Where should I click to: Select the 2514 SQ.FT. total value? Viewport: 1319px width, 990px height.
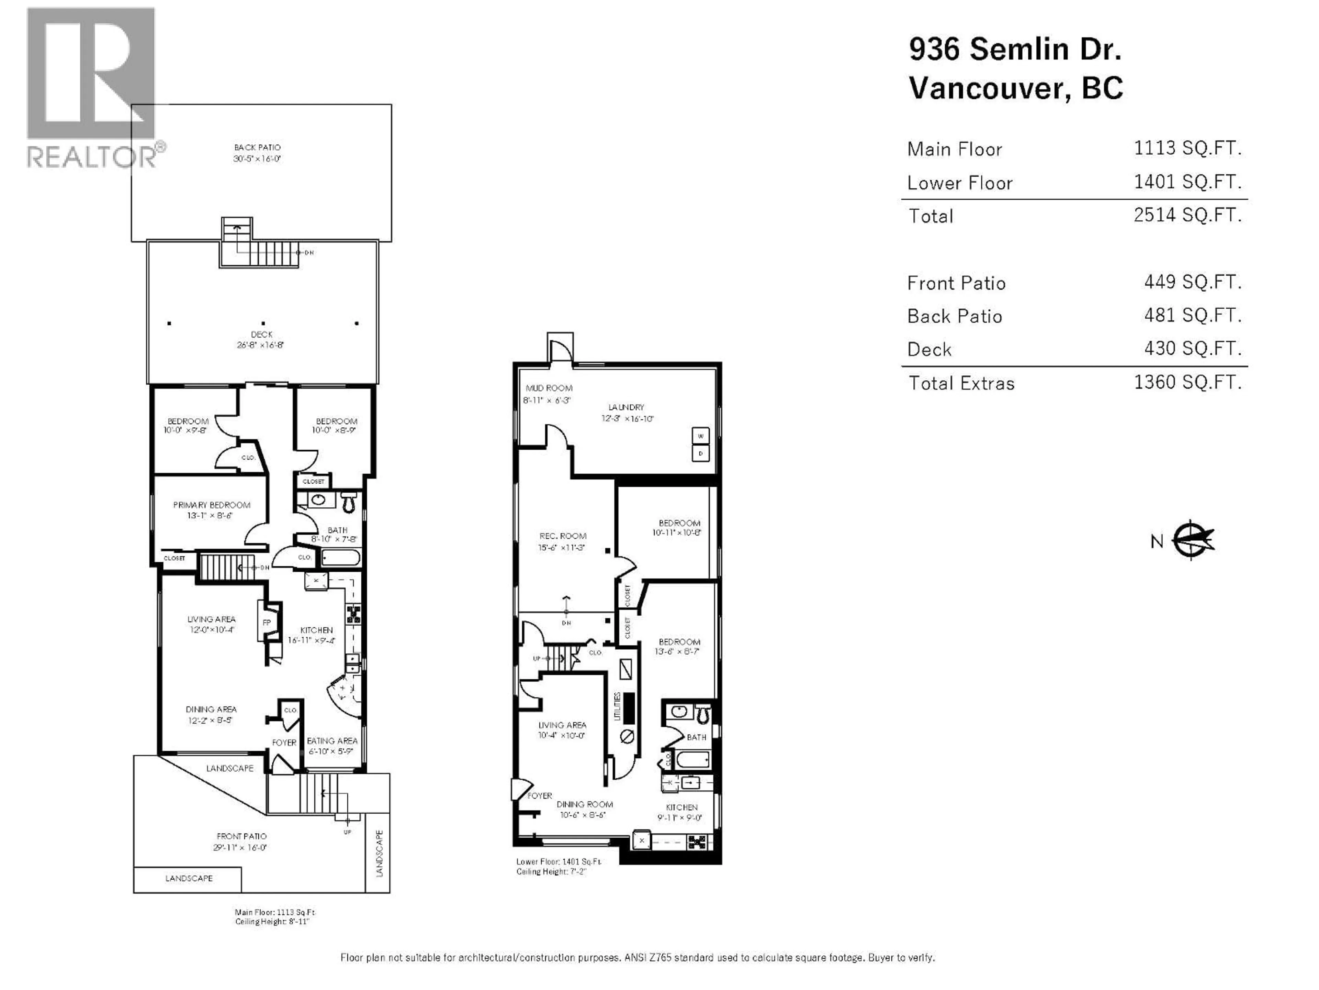tap(1187, 215)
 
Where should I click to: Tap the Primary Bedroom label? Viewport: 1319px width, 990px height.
tap(212, 505)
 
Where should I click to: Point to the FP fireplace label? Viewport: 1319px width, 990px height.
tap(267, 623)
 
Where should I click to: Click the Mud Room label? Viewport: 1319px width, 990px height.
tap(549, 388)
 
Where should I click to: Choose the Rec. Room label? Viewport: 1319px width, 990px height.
tap(562, 536)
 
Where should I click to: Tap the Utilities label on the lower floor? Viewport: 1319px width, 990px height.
tap(618, 706)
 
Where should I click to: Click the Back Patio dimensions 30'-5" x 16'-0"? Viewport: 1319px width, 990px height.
tap(257, 159)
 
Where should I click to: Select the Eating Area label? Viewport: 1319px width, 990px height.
tap(332, 740)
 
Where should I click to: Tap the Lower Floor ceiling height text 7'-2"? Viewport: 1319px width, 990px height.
tap(552, 872)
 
